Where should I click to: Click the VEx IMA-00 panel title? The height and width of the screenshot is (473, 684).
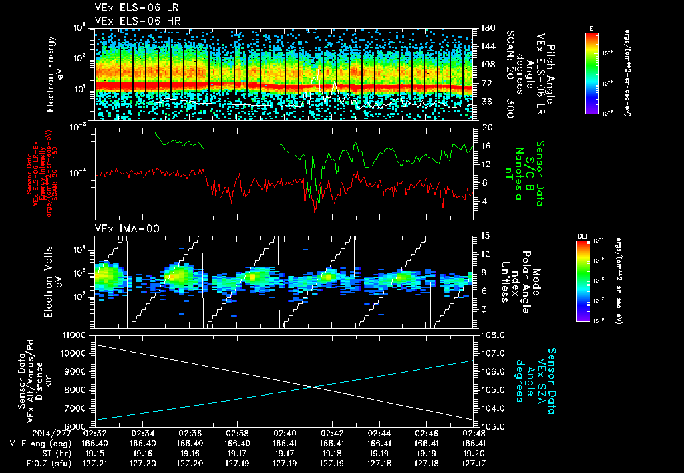click(x=121, y=228)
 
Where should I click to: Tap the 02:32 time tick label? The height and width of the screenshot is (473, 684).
click(x=96, y=433)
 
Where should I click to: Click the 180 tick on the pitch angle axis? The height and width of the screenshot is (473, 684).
click(x=487, y=27)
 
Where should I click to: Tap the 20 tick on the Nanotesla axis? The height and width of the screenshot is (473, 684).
click(x=487, y=127)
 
